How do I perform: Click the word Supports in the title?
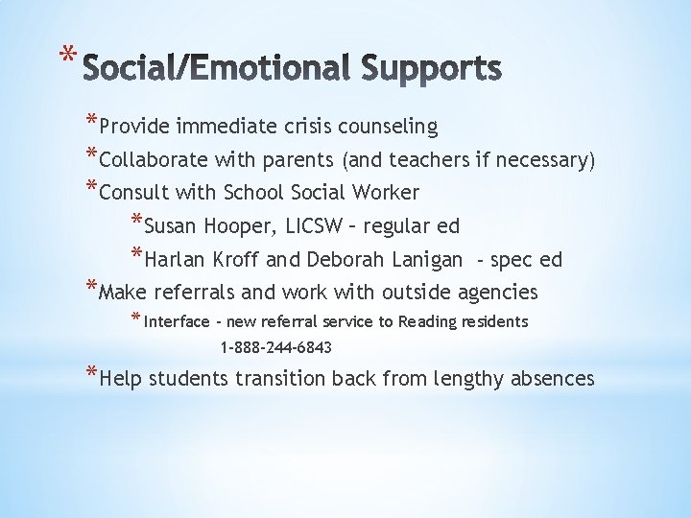pyautogui.click(x=432, y=68)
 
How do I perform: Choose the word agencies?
pyautogui.click(x=497, y=292)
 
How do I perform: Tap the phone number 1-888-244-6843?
pyautogui.click(x=276, y=347)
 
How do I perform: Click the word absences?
pyautogui.click(x=551, y=379)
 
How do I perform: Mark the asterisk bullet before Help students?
pyautogui.click(x=90, y=374)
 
